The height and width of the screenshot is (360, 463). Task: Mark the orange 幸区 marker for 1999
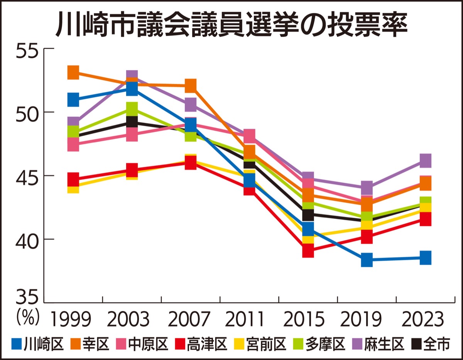pyautogui.click(x=73, y=72)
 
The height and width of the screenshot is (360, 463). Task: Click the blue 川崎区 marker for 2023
pyautogui.click(x=425, y=257)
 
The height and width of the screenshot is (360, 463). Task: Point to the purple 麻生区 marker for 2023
pyautogui.click(x=425, y=161)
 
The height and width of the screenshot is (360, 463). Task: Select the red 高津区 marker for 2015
pyautogui.click(x=308, y=251)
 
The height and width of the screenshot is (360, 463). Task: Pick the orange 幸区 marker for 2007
pyautogui.click(x=190, y=85)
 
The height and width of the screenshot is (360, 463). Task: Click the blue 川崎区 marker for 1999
pyautogui.click(x=73, y=100)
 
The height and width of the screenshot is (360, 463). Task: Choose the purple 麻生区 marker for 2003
pyautogui.click(x=132, y=76)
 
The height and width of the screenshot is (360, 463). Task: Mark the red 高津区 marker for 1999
pyautogui.click(x=73, y=179)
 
